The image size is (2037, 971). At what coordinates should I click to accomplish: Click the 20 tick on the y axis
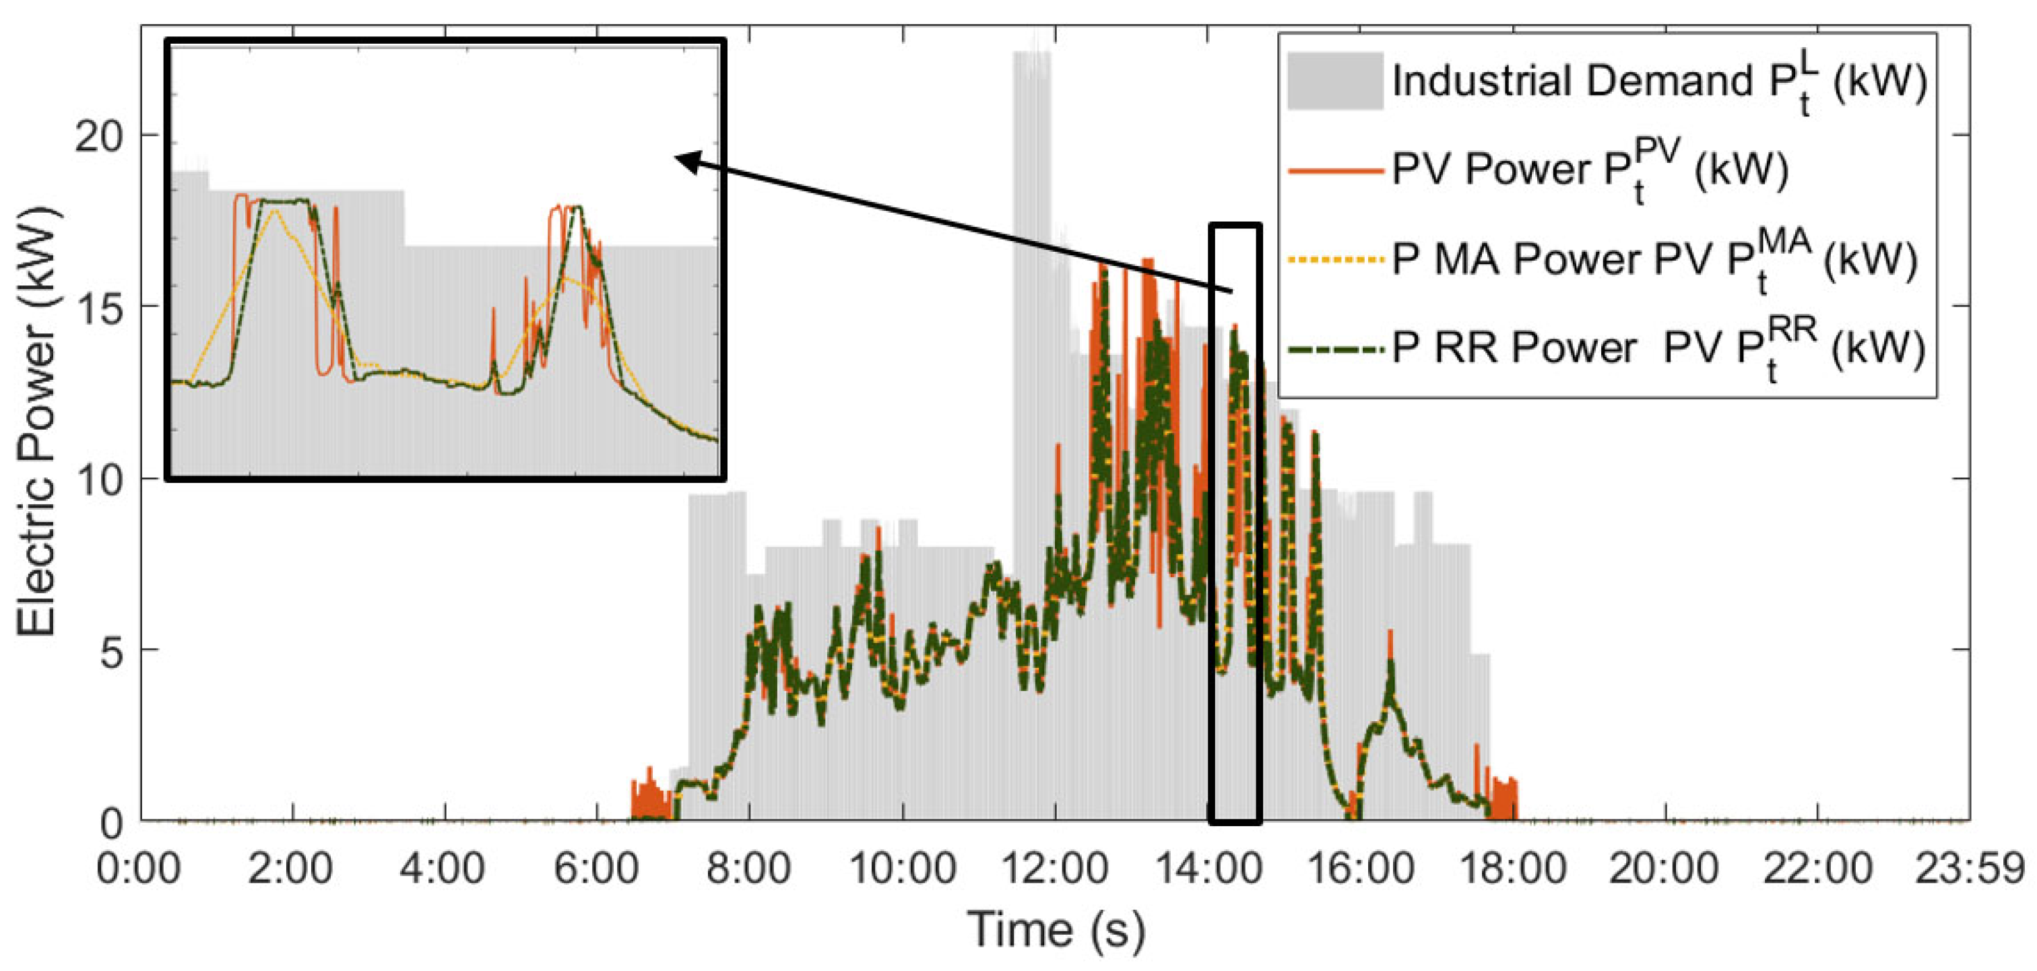click(x=99, y=137)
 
